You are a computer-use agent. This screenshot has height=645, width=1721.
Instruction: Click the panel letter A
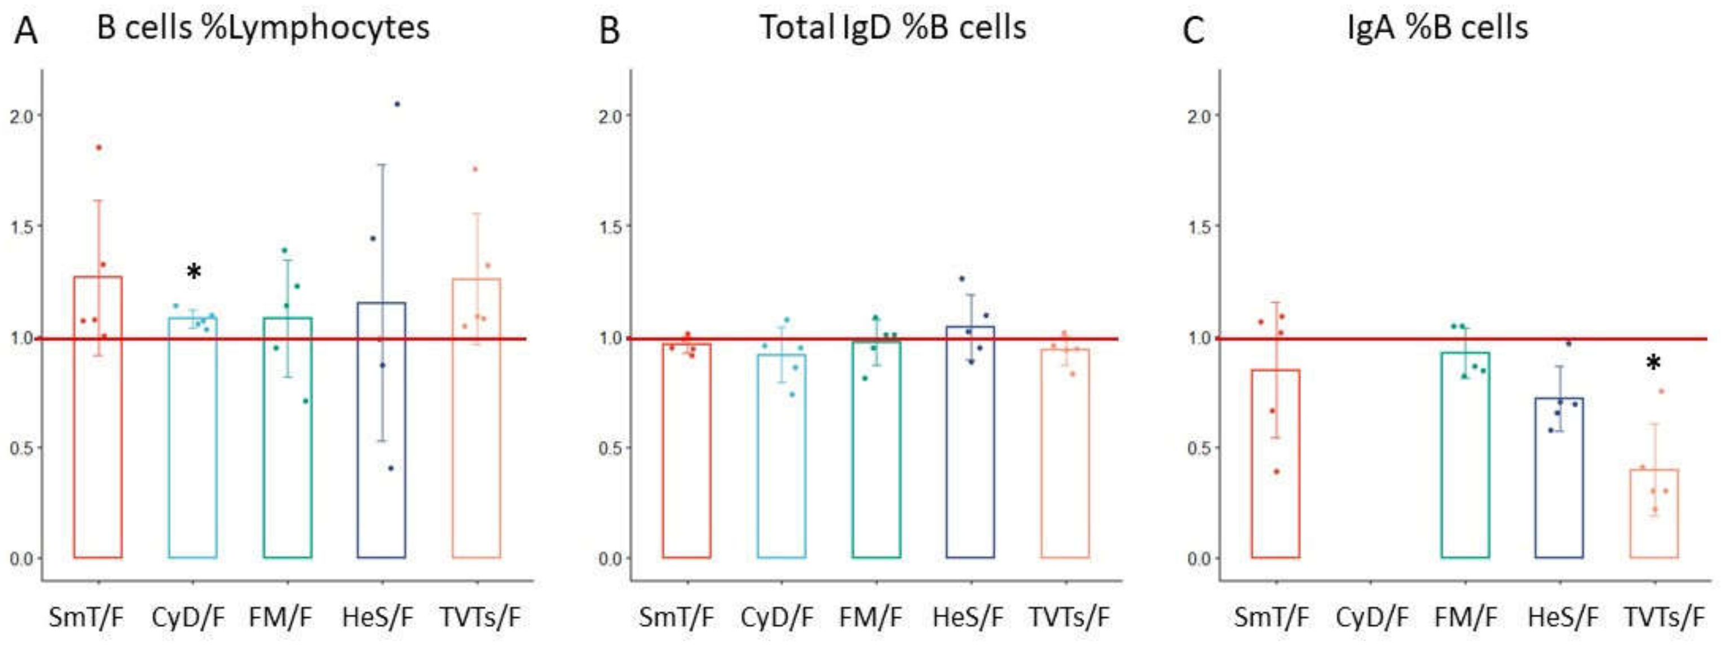point(25,30)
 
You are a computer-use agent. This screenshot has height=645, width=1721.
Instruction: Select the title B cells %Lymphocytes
point(263,28)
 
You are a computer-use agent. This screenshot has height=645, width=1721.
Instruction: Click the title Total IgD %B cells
point(893,28)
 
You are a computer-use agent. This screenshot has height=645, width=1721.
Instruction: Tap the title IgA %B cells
point(1438,28)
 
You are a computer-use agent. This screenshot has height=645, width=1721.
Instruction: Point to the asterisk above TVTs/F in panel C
point(1653,363)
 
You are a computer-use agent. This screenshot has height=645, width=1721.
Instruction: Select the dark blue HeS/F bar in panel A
point(382,434)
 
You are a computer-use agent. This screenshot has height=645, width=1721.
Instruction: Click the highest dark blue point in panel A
point(397,104)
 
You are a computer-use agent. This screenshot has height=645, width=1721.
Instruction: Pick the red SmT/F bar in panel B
point(687,454)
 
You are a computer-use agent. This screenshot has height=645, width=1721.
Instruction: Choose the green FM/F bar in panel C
point(1465,461)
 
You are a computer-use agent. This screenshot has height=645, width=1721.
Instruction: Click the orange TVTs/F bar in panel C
point(1653,514)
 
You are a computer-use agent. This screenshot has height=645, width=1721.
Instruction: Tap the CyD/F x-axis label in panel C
point(1371,617)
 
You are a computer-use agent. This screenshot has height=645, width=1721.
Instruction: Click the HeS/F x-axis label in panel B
point(968,617)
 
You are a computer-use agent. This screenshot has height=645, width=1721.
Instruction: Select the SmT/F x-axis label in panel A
point(86,617)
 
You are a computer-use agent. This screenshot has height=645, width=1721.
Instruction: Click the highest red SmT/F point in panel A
point(99,148)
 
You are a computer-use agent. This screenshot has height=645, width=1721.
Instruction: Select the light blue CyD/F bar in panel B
point(781,461)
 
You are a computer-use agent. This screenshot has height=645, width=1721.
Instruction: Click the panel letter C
point(1193,30)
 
